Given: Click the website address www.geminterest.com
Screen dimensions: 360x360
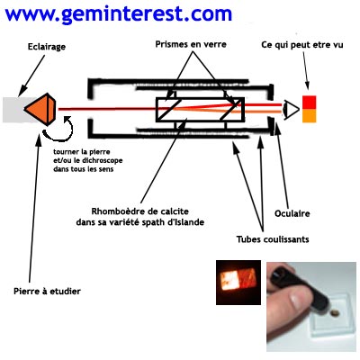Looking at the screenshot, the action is point(119,14).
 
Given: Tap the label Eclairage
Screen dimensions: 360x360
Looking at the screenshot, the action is point(47,47).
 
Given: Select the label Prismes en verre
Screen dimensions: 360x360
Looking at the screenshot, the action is point(191,44).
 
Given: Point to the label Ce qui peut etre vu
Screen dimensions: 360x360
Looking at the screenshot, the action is point(302,45).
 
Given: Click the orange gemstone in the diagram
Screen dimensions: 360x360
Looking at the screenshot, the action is point(40,109).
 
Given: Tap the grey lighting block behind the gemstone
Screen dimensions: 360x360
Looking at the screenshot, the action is point(13,110).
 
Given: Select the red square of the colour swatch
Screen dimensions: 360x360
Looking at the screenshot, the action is point(309,103).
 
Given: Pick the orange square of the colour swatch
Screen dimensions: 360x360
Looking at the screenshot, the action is point(309,115).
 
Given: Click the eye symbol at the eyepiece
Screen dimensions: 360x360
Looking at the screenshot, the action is point(291,110).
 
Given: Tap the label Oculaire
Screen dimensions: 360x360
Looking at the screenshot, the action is point(292,213).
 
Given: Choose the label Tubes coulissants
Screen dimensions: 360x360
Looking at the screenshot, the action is point(273,239).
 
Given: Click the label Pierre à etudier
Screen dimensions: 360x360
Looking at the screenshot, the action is point(47,291).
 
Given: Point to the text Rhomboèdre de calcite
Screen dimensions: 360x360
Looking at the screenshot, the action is point(140,211).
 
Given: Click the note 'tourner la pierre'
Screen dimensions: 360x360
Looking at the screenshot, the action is point(82,152).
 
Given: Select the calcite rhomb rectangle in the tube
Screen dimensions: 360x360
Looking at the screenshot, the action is point(200,110).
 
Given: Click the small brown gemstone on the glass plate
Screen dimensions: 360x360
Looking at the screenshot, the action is point(334,313).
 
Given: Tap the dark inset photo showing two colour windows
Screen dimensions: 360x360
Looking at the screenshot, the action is point(238,283).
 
